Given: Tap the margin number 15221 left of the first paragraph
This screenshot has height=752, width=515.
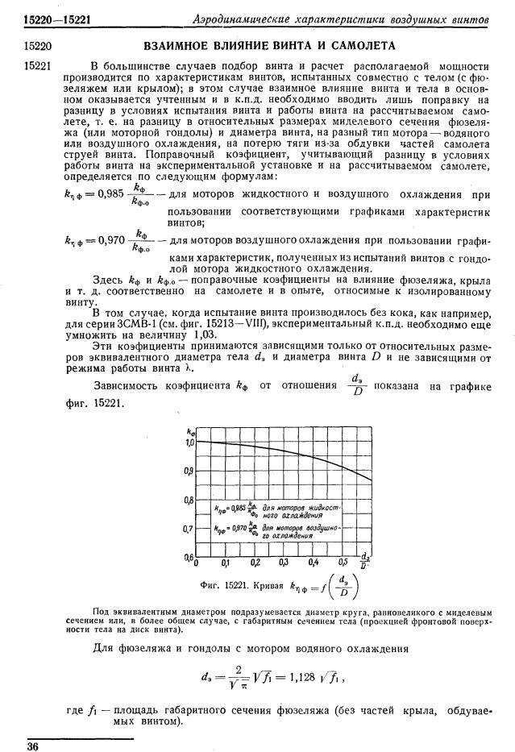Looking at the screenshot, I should pos(39,64).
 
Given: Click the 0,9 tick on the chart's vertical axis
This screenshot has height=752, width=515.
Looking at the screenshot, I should pos(189,471).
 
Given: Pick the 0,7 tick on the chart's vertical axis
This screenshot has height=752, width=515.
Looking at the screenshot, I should pos(189,529).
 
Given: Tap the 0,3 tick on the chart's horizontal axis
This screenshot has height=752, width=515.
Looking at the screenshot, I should pos(284,563).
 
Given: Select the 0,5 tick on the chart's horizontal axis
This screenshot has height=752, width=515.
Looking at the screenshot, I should pos(343,563).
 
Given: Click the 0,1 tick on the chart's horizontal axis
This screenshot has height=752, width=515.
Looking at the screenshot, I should pos(226,563).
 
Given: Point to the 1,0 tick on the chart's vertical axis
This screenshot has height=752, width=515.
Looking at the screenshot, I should pos(190,442).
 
